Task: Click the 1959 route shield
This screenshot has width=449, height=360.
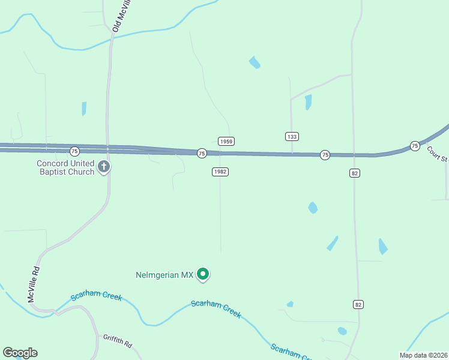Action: coord(226,142)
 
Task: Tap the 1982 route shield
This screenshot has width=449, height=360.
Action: coord(220,172)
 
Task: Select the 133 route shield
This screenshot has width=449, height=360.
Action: coord(292,137)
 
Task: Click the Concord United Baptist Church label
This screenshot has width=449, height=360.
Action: coord(65,167)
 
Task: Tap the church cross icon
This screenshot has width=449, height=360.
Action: coord(104,167)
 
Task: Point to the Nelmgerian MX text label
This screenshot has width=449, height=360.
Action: coord(164,275)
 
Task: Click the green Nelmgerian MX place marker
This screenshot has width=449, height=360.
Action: coord(203,274)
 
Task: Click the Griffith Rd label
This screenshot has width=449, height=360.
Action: coord(117,341)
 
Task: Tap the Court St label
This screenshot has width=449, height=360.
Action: coord(438,154)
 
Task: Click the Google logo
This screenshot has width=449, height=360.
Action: coord(20,353)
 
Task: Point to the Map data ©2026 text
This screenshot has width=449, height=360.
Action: coord(423,355)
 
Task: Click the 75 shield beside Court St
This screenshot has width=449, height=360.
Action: coord(415,146)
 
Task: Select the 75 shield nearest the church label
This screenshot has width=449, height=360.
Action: coord(74,150)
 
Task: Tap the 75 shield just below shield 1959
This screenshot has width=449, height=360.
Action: coord(202,154)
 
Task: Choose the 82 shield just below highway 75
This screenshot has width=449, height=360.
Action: coord(355,173)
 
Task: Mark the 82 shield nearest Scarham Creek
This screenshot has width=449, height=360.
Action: coord(358,305)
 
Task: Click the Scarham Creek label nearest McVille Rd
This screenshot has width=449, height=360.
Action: coord(96,297)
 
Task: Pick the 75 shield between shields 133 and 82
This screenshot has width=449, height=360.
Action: coord(325,155)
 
